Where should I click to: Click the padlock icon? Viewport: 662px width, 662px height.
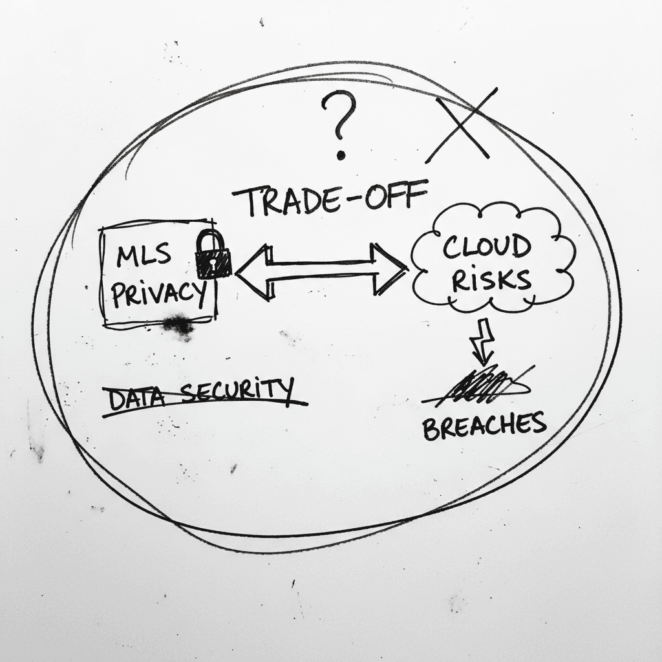[x=213, y=255]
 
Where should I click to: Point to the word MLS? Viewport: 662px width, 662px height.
[x=144, y=255]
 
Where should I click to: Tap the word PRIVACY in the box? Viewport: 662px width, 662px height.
[x=159, y=294]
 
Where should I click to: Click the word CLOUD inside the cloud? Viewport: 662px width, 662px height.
[x=486, y=247]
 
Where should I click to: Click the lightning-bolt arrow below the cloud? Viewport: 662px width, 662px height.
[x=484, y=341]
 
